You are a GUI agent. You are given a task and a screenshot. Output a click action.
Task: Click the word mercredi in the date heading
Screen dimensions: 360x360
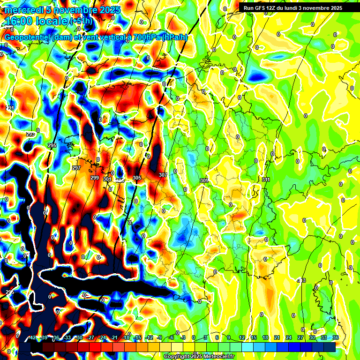pyautogui.click(x=21, y=10)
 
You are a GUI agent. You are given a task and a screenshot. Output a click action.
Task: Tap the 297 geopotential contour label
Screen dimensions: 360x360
pyautogui.click(x=76, y=168)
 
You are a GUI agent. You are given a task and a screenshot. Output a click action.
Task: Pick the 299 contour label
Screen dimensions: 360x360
pyautogui.click(x=94, y=178)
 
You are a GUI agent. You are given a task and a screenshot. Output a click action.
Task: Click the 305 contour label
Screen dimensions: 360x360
pyautogui.click(x=137, y=178)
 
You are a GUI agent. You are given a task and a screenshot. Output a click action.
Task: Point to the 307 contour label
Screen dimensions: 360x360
pyautogui.click(x=163, y=175)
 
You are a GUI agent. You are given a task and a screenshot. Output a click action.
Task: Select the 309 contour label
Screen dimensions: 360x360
pyautogui.click(x=204, y=180)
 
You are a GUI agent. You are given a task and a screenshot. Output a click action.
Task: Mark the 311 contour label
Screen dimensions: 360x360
pyautogui.click(x=266, y=180)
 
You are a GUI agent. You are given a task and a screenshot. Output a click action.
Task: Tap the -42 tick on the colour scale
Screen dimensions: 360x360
pyautogui.click(x=32, y=337)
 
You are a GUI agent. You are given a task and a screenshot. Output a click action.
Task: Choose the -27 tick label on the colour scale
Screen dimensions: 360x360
pyautogui.click(x=92, y=337)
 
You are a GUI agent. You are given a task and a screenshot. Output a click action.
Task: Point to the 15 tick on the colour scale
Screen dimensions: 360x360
pyautogui.click(x=253, y=337)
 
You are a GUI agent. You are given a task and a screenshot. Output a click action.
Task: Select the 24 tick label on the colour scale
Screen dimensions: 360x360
pyautogui.click(x=288, y=337)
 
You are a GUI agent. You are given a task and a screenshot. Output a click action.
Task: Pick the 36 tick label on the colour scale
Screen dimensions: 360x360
pyautogui.click(x=336, y=337)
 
